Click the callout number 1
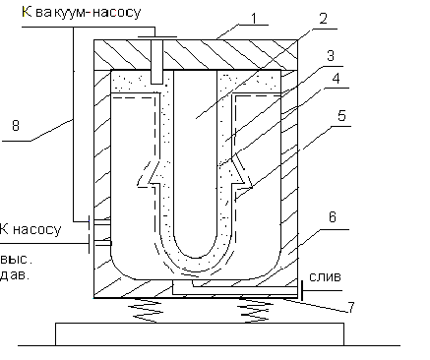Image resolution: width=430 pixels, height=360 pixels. pyautogui.click(x=254, y=19)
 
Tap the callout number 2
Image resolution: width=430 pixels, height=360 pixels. pyautogui.click(x=323, y=19)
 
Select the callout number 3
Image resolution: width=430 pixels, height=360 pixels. pyautogui.click(x=331, y=56)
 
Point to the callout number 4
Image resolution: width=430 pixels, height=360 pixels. pyautogui.click(x=336, y=79)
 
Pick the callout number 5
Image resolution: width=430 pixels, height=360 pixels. pyautogui.click(x=341, y=116)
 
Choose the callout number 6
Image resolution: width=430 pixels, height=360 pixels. pyautogui.click(x=333, y=217)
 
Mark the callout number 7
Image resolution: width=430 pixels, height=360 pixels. pyautogui.click(x=351, y=308)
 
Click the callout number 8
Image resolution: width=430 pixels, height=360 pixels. pyautogui.click(x=16, y=125)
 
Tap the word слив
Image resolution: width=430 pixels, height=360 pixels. pyautogui.click(x=326, y=277)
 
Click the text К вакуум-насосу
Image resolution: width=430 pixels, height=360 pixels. pyautogui.click(x=82, y=13)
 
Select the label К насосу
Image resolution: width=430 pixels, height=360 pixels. pyautogui.click(x=31, y=229)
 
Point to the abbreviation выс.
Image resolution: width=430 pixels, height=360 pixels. pyautogui.click(x=16, y=260)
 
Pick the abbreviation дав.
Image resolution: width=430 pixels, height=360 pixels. pyautogui.click(x=15, y=274)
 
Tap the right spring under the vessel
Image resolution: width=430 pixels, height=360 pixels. pyautogui.click(x=256, y=310)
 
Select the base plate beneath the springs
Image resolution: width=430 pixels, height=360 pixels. pyautogui.click(x=200, y=334)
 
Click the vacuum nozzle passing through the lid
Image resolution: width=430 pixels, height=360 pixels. pyautogui.click(x=156, y=61)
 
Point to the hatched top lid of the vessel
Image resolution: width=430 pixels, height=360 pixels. pyautogui.click(x=196, y=55)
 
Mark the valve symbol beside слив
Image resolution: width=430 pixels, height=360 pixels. pyautogui.click(x=301, y=290)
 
